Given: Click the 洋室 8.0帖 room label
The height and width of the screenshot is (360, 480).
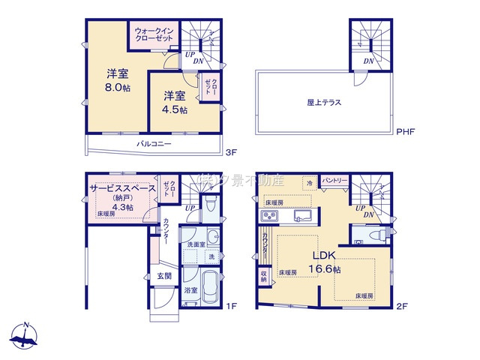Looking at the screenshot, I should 116,79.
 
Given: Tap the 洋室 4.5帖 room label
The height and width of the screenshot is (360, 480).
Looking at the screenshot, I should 175,101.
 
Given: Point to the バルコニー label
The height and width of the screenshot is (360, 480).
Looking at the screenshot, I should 154,143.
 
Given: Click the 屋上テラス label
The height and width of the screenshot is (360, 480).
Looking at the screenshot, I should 324,102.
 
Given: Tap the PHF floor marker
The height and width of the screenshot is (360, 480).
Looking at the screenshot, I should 406,132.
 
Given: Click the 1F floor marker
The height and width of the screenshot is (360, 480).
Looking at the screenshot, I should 232,306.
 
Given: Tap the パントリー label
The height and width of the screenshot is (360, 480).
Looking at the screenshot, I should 334,181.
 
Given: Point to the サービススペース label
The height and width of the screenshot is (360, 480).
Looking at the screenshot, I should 122,188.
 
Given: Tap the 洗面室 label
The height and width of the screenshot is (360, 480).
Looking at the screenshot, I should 196,244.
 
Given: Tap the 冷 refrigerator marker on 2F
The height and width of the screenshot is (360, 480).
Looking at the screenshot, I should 309,181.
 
